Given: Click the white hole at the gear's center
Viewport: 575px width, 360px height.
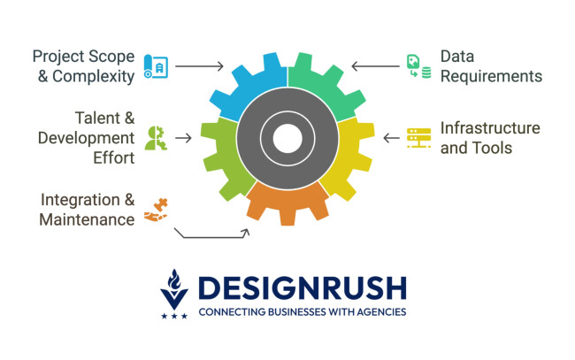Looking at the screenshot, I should pyautogui.click(x=287, y=138).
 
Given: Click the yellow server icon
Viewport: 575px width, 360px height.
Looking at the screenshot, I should pyautogui.click(x=418, y=138).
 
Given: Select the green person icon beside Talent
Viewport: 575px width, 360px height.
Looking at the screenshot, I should pyautogui.click(x=156, y=138).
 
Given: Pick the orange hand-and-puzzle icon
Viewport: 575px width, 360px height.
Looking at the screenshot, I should pyautogui.click(x=157, y=209).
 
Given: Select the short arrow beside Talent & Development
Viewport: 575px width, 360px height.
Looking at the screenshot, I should pyautogui.click(x=184, y=138).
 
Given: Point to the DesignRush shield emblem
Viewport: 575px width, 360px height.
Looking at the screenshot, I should pyautogui.click(x=174, y=292).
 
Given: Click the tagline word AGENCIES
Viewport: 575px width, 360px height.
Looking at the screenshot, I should pyautogui.click(x=379, y=312).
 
